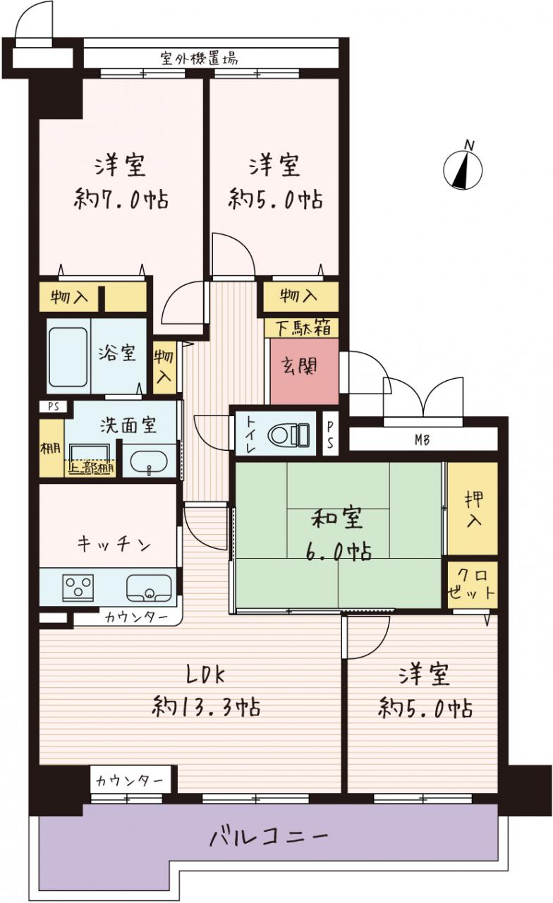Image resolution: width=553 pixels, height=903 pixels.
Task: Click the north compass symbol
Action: pos(463,169)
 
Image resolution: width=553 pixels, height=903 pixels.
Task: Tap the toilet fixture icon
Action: pos(289,435)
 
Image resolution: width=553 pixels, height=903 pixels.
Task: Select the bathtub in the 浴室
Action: pos(68,357)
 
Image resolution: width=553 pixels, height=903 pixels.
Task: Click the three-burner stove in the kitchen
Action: pos(78,588)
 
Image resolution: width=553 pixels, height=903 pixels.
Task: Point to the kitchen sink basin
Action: pos(149,588)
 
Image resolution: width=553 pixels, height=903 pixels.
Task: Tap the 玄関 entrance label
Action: pos(299,366)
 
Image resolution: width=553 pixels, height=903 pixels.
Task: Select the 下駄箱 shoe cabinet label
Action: pos(303,328)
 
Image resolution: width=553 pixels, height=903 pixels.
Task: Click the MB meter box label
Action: pos(422,440)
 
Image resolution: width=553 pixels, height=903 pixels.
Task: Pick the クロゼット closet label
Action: pos(471,585)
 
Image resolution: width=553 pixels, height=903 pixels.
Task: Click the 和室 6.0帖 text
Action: pos(338,535)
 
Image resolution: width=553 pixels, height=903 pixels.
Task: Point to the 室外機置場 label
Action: pos(199,59)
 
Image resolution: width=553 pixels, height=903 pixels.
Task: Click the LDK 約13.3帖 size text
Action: pos(206,691)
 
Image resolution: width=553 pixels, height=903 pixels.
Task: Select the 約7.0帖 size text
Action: pos(121,200)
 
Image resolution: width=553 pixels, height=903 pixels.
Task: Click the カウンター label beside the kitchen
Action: pos(137,617)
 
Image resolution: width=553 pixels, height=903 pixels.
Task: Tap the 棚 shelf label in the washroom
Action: pos(51,448)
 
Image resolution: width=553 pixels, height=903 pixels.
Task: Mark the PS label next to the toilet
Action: pos(330,435)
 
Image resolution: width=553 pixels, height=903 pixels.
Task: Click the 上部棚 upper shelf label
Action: pos(92,468)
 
